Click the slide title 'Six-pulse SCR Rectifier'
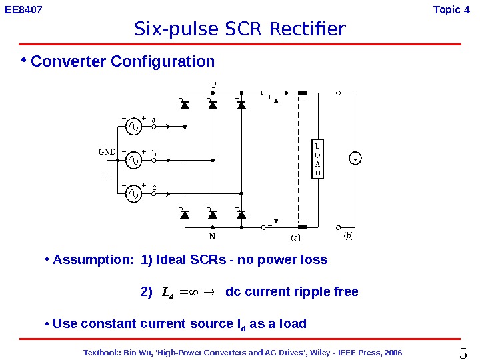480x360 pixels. click(240, 29)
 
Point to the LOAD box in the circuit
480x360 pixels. click(318, 159)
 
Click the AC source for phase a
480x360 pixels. click(133, 125)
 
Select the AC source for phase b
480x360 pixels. click(133, 160)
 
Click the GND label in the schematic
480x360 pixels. click(107, 151)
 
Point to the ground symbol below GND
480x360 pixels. click(107, 175)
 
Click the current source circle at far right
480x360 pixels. click(355, 159)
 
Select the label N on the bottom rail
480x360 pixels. click(212, 236)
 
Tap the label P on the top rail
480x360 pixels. click(213, 84)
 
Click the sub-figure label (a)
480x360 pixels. click(294, 237)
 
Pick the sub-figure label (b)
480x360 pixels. click(348, 235)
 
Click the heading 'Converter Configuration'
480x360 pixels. click(123, 62)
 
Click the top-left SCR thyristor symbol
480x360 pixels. click(185, 105)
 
